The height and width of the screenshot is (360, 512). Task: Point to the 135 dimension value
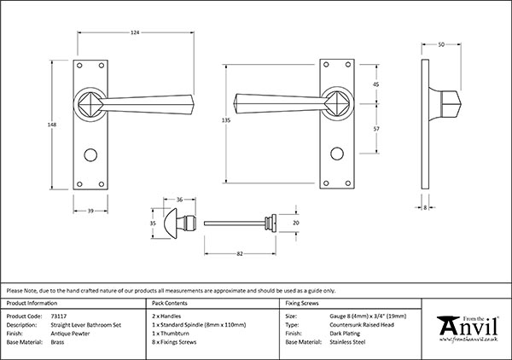pyautogui.click(x=225, y=121)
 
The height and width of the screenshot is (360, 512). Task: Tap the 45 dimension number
pyautogui.click(x=375, y=84)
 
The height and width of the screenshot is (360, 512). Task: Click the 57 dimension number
pyautogui.click(x=375, y=128)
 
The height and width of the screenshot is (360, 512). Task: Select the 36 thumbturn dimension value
pyautogui.click(x=179, y=200)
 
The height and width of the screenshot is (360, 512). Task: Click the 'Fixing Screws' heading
pyautogui.click(x=302, y=304)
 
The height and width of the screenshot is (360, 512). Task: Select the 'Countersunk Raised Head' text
pyautogui.click(x=361, y=324)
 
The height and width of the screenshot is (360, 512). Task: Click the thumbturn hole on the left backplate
pyautogui.click(x=92, y=159)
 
